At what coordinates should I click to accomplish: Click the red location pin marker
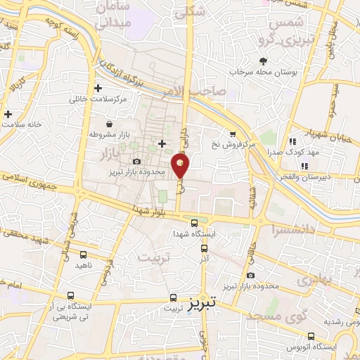[181, 165]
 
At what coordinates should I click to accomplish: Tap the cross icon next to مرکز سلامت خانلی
[98, 89]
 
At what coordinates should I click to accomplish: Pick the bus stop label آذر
[205, 259]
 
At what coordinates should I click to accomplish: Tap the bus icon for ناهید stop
[83, 255]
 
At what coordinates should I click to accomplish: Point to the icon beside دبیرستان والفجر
[304, 167]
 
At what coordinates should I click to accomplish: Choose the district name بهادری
[312, 280]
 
